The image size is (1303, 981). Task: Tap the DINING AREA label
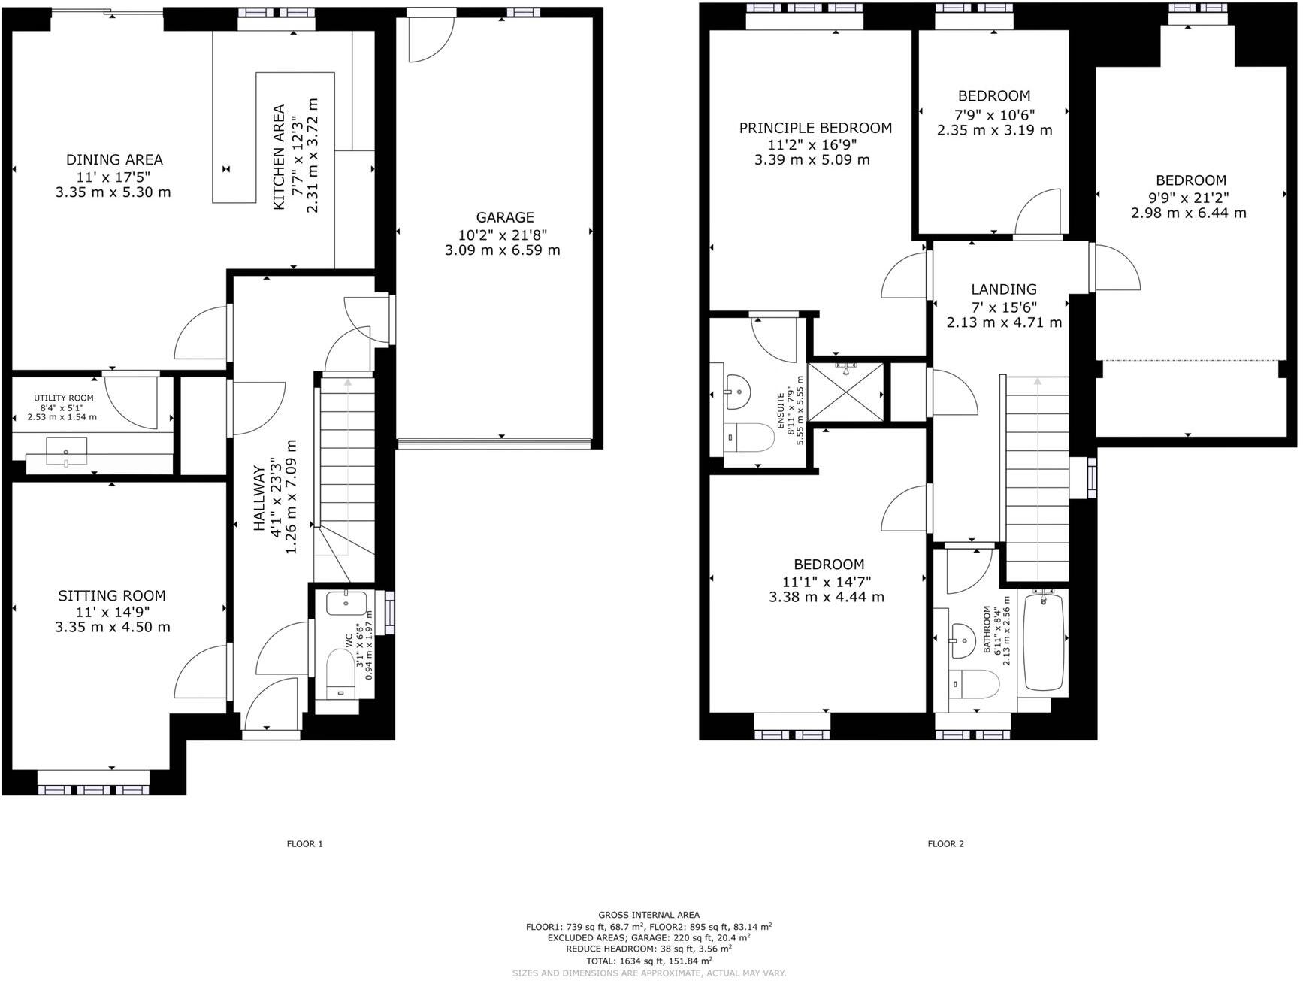pyautogui.click(x=114, y=159)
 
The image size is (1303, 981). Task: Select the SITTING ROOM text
pyautogui.click(x=112, y=595)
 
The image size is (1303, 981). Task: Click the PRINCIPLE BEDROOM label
pyautogui.click(x=815, y=128)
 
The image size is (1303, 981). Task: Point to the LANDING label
pyautogui.click(x=1003, y=289)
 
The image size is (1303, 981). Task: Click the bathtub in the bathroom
pyautogui.click(x=1045, y=641)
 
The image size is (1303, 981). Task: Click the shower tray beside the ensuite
pyautogui.click(x=846, y=391)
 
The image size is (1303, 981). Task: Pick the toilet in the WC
pyautogui.click(x=342, y=671)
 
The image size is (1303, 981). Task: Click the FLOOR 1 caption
pyautogui.click(x=304, y=844)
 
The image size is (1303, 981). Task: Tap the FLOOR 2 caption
pyautogui.click(x=945, y=844)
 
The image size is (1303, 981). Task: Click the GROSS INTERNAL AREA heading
pyautogui.click(x=648, y=915)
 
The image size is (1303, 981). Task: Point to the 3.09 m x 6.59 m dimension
pyautogui.click(x=502, y=250)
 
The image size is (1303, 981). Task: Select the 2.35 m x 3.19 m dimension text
pyautogui.click(x=994, y=130)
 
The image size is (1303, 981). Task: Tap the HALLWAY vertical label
pyautogui.click(x=258, y=498)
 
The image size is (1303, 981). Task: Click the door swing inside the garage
pyautogui.click(x=428, y=41)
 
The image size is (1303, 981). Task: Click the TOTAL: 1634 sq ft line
pyautogui.click(x=648, y=960)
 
